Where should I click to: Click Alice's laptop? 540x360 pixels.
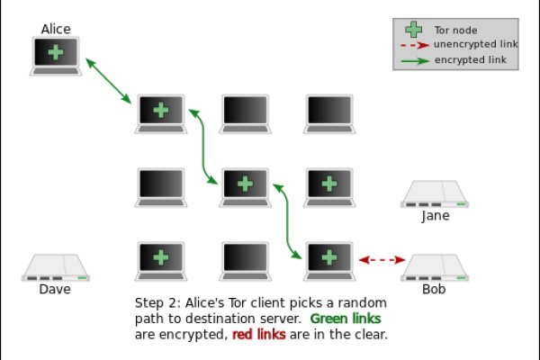click(x=56, y=55)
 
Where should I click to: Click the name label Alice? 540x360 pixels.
click(x=56, y=29)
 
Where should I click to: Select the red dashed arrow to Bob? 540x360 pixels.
click(x=382, y=260)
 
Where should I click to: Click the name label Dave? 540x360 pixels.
click(x=55, y=290)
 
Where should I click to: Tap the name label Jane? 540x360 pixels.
click(x=436, y=216)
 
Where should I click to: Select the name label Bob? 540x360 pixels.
click(x=434, y=290)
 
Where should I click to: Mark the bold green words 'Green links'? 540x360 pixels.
click(x=346, y=319)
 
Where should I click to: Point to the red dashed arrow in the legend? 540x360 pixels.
click(x=413, y=45)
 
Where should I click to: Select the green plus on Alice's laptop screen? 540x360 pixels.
click(x=56, y=52)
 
